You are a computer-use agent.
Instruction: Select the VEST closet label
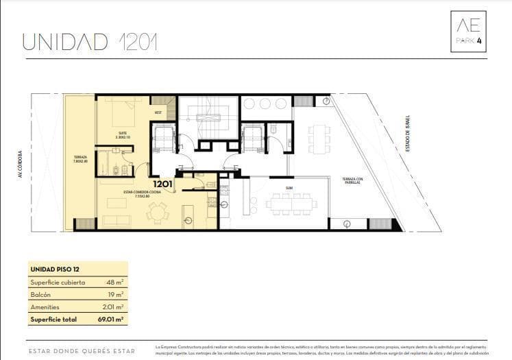158,112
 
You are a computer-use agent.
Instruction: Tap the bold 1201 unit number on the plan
162,184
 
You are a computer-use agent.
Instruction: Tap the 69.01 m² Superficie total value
110,320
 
